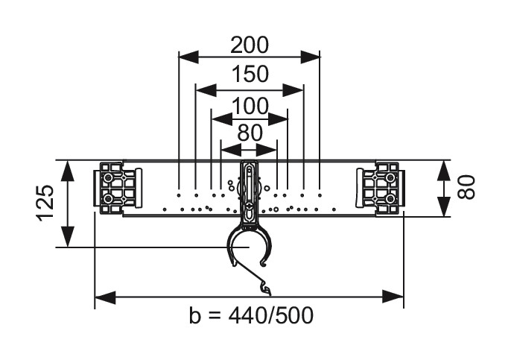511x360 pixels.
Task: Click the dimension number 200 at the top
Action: tap(250, 45)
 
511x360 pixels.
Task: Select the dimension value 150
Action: tap(250, 74)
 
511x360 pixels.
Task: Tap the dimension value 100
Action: tap(250, 107)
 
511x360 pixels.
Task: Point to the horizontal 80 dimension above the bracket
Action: tap(250, 133)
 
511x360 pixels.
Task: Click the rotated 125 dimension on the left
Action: tap(45, 203)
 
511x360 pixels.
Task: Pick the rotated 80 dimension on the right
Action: tap(466, 187)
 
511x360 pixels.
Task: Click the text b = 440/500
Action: tap(251, 315)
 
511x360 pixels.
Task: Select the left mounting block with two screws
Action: tap(118, 188)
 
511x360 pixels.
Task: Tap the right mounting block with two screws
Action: tap(381, 188)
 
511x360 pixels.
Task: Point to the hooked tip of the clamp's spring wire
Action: tap(267, 289)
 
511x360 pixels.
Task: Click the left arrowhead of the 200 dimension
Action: tap(188, 57)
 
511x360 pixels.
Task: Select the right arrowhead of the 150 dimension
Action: tap(293, 90)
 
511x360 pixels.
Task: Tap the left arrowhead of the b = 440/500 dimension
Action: tap(105, 297)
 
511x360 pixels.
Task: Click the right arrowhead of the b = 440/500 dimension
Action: tap(393, 297)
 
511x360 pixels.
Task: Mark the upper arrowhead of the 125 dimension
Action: tap(67, 171)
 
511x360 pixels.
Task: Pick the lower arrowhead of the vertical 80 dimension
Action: tap(444, 206)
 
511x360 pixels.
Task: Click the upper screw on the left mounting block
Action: tap(107, 178)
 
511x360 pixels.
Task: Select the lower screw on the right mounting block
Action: tap(390, 198)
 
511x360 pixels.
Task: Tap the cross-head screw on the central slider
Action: tap(250, 206)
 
